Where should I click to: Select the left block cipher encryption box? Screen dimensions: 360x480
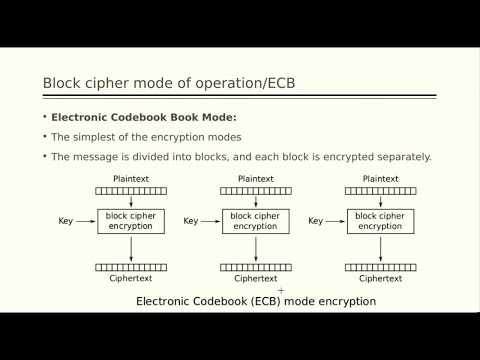click(x=131, y=221)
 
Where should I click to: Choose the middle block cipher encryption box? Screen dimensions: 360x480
click(x=255, y=221)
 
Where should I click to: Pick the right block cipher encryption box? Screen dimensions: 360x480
click(x=380, y=221)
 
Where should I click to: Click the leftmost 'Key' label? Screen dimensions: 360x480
click(x=66, y=221)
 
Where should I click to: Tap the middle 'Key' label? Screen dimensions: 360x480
click(x=191, y=221)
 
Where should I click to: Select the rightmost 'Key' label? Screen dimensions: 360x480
click(x=315, y=221)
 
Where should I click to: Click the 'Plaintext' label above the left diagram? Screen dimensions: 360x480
click(x=131, y=179)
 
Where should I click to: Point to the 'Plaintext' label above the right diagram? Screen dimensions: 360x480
click(x=380, y=179)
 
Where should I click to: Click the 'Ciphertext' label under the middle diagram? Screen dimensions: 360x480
click(x=255, y=278)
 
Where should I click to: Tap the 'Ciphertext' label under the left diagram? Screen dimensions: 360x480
click(x=131, y=278)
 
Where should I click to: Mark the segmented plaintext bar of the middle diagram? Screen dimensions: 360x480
click(x=255, y=190)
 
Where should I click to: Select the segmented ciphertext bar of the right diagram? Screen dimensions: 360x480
click(x=380, y=267)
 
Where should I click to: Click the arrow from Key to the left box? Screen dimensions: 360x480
click(x=86, y=221)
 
